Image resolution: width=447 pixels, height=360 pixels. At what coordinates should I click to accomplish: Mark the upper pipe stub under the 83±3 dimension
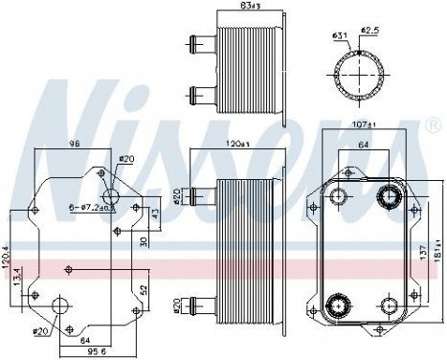coord(205,44)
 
